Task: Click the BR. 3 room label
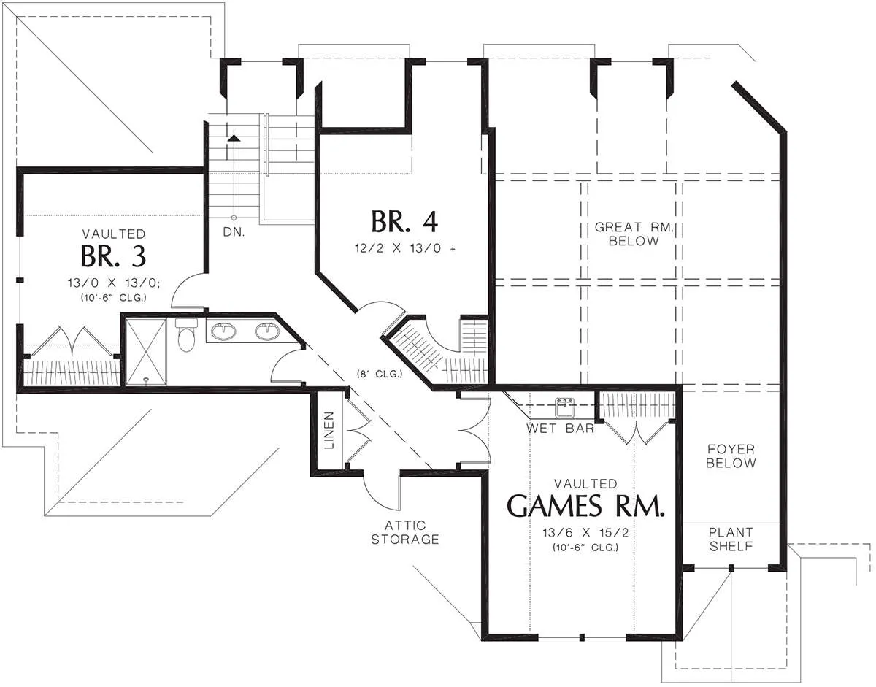tap(113, 256)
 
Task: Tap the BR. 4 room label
tap(404, 222)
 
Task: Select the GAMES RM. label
tap(585, 506)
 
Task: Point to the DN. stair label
tap(234, 232)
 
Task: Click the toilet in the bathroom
tap(186, 334)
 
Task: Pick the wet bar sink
tap(564, 407)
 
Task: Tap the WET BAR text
tap(561, 428)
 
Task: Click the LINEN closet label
tap(329, 431)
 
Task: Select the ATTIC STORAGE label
tap(404, 532)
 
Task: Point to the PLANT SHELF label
tap(731, 540)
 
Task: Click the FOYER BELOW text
tap(731, 456)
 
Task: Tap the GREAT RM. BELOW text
tap(634, 234)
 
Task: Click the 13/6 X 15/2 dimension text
tap(585, 533)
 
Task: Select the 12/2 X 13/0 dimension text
tap(404, 248)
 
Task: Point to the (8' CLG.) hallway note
tap(380, 374)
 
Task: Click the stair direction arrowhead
tap(234, 138)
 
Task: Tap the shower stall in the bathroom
tap(146, 352)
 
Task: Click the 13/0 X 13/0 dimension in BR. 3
tap(114, 283)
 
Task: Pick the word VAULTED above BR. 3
tap(114, 234)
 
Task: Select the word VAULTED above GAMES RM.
tap(585, 483)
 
